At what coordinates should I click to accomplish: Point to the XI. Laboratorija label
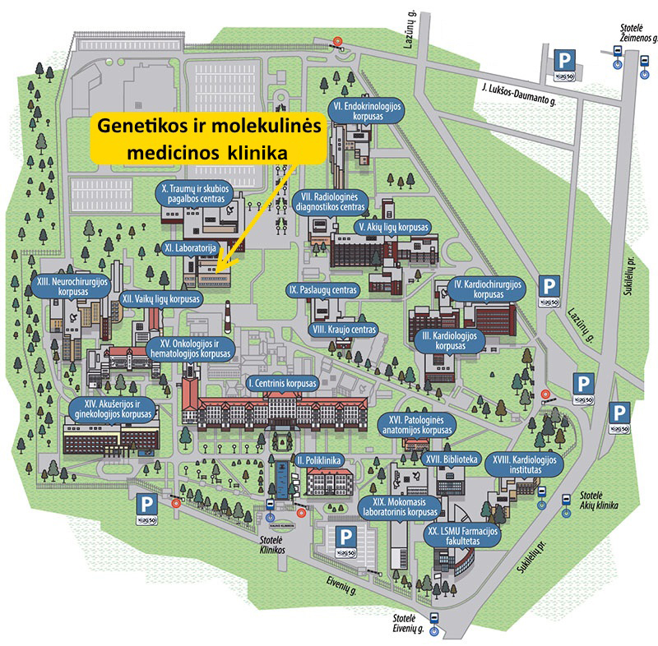[195, 246]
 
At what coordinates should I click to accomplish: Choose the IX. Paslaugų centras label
[323, 290]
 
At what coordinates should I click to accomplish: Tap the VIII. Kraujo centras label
[345, 329]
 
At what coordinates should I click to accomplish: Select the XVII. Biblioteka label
[452, 460]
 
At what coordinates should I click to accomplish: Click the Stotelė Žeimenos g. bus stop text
[638, 32]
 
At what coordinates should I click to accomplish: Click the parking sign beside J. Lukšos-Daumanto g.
[564, 64]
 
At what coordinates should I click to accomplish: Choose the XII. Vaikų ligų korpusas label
[161, 299]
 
